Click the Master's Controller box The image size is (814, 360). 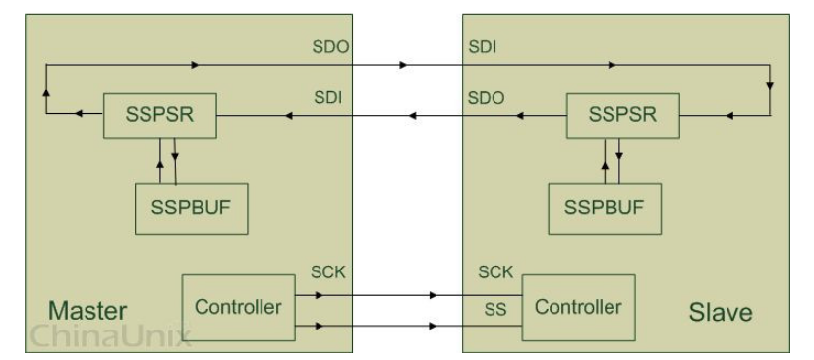[239, 307]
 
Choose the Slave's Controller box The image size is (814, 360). [578, 306]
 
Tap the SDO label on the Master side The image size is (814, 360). [323, 48]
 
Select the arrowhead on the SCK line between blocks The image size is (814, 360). [435, 293]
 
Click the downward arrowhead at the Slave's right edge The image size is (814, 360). [769, 85]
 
